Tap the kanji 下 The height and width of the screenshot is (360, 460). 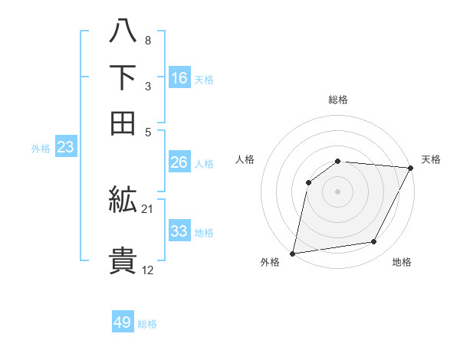(123, 79)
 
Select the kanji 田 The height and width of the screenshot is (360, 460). (123, 123)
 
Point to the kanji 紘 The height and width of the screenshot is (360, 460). (123, 201)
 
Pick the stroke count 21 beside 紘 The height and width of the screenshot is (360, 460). (148, 208)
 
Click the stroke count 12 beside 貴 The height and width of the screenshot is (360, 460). (148, 270)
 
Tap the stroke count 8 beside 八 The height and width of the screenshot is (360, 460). (147, 40)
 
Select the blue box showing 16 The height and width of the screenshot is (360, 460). (179, 78)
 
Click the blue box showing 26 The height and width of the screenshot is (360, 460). (179, 162)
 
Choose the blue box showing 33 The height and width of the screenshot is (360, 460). (179, 231)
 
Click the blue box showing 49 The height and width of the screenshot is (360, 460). (123, 322)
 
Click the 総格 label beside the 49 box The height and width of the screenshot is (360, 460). (147, 324)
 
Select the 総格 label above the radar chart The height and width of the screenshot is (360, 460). (338, 100)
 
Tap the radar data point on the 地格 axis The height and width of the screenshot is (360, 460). (374, 242)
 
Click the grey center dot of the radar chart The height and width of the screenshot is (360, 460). (337, 191)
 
